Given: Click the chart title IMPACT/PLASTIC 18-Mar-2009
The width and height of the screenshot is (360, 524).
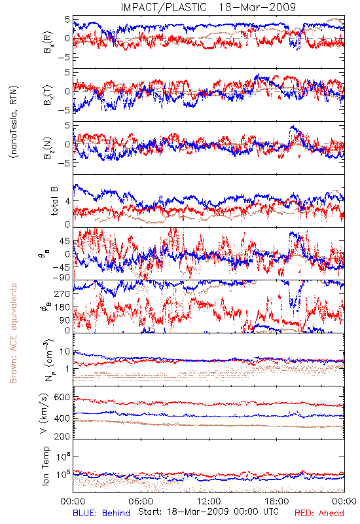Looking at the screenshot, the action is click(208, 7).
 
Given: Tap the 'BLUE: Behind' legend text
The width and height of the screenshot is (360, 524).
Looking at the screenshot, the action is click(101, 513).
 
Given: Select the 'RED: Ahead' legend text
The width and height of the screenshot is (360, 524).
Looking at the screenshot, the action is click(319, 513).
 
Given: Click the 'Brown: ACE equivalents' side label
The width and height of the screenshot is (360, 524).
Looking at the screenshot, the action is click(12, 333).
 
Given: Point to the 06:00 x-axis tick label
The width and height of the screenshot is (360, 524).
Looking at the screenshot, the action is click(141, 501).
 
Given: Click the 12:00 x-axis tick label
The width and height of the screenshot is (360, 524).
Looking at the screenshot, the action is click(209, 501).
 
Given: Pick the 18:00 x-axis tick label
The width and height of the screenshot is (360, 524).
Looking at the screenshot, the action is click(277, 501).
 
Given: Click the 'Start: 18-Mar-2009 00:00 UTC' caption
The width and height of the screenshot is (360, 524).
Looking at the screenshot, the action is click(209, 512).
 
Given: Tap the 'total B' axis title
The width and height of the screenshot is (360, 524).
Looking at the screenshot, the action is click(54, 201).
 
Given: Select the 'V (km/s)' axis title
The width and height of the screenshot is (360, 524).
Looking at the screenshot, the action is click(44, 413).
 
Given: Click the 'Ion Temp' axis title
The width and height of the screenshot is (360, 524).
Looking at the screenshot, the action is click(45, 466).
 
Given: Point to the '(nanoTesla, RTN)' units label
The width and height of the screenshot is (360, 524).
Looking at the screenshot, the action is click(13, 121).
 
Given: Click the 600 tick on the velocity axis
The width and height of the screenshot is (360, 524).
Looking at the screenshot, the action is click(62, 398).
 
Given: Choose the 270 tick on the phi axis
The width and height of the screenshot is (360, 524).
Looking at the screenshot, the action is click(62, 293).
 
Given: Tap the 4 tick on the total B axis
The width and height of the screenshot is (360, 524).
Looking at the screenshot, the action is click(67, 201).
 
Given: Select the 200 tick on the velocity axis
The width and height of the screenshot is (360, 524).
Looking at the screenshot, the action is click(62, 436).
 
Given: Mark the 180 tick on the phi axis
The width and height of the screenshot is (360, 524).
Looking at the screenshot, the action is click(62, 307).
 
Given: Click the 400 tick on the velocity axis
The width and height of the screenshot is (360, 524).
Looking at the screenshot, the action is click(62, 419).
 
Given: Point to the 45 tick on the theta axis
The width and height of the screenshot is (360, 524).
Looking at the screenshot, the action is click(65, 241).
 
